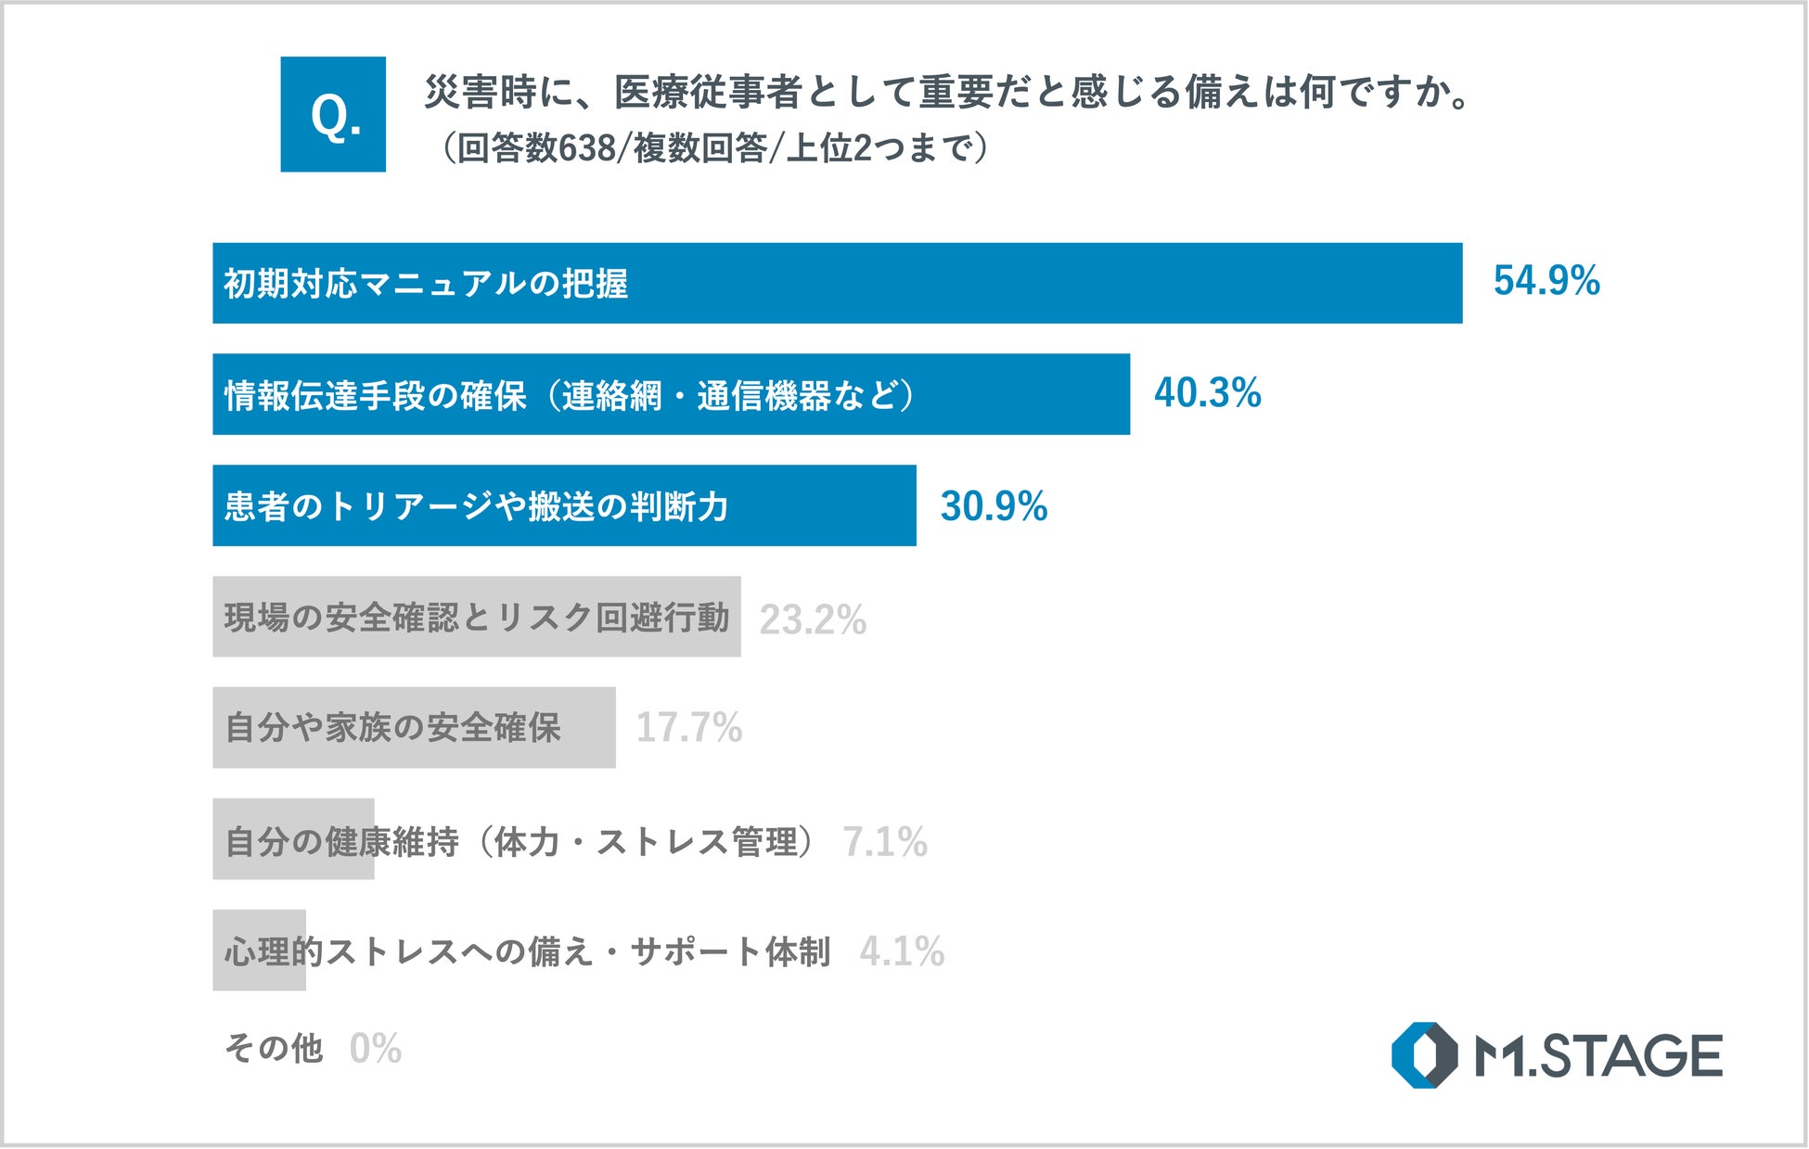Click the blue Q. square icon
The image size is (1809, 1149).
coord(333,114)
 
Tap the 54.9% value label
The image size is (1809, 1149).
coord(1546,281)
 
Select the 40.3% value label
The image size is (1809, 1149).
coord(1207,393)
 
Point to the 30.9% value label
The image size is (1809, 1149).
coord(994,506)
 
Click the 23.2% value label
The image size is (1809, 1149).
coord(813,619)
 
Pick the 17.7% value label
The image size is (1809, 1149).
coord(689,728)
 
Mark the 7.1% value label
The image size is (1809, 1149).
coord(885,842)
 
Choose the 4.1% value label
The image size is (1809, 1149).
coord(902,951)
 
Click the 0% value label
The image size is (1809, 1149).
coord(376,1049)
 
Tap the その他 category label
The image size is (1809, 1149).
coord(274,1049)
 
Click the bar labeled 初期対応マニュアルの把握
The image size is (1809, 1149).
coord(838,283)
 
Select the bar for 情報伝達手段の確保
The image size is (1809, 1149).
coord(672,394)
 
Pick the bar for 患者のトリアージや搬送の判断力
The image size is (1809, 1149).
coord(564,505)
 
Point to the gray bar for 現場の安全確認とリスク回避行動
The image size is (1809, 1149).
coord(477,617)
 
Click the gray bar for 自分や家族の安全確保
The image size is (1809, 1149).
coord(414,728)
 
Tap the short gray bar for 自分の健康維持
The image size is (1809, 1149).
coord(293,839)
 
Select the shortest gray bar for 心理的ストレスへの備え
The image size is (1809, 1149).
coord(259,951)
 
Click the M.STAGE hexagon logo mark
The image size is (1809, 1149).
coord(1425,1055)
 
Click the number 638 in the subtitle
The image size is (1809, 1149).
coord(587,148)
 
